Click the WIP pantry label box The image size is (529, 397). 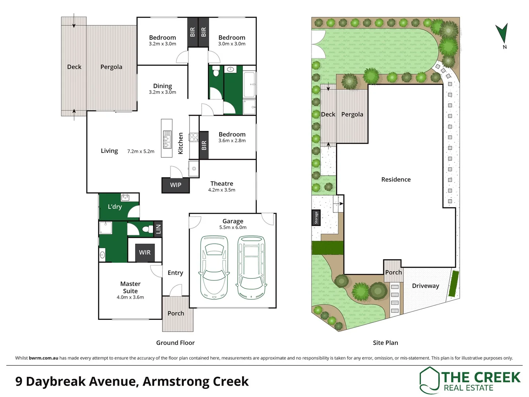pos(176,185)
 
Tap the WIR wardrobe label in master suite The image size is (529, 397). pos(145,253)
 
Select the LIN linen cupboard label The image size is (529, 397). pos(158,229)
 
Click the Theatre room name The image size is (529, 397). pos(222,183)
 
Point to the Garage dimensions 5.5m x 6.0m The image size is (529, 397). pos(233,228)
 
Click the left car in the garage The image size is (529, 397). pos(213,267)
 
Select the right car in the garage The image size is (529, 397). pos(251,267)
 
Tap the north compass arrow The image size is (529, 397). pos(502,33)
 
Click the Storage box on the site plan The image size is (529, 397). pos(316,218)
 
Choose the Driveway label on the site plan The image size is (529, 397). pos(425,286)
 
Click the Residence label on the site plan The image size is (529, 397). pos(396,179)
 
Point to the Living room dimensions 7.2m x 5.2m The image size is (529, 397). pos(141,151)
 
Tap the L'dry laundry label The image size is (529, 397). pos(115,207)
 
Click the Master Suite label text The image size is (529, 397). pos(130,287)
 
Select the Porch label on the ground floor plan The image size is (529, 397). pos(176,313)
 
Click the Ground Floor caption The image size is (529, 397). pos(175,343)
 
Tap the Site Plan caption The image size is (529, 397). pos(385,343)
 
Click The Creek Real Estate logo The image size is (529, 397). pos(470,380)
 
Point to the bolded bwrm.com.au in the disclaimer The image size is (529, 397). pos(43,358)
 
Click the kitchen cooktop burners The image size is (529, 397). pos(194,137)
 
